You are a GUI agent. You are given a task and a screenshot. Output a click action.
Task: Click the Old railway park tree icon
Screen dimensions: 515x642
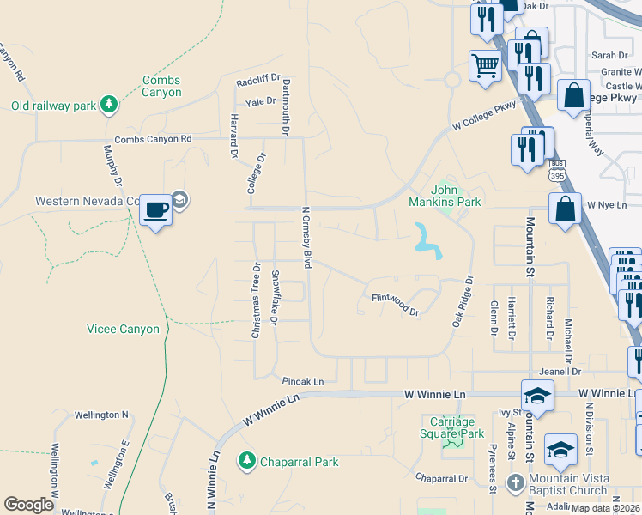[x=108, y=105]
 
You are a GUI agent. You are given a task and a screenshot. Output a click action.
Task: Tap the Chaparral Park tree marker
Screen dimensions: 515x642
[x=247, y=461]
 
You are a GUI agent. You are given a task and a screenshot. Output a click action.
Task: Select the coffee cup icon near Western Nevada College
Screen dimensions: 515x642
[x=155, y=209]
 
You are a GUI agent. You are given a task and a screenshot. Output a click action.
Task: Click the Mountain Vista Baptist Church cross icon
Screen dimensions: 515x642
[x=515, y=481]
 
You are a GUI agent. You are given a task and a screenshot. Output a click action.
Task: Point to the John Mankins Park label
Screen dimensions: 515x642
[x=456, y=196]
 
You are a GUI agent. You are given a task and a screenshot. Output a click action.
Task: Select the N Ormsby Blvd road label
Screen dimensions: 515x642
[x=306, y=236]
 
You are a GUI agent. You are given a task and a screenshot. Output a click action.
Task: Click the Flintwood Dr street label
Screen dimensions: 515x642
[x=395, y=304]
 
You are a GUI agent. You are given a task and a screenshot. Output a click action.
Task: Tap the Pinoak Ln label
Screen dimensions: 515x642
[x=303, y=380]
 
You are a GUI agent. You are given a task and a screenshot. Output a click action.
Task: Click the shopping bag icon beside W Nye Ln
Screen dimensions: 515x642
[x=565, y=209]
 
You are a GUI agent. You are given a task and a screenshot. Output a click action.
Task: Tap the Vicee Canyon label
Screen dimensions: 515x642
[x=123, y=329]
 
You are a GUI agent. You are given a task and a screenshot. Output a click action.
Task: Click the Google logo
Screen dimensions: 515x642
[x=29, y=505]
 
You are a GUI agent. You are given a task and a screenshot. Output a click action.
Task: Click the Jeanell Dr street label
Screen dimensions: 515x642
[x=562, y=372]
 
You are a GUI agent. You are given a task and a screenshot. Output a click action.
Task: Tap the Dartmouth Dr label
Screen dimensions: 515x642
[x=288, y=105]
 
